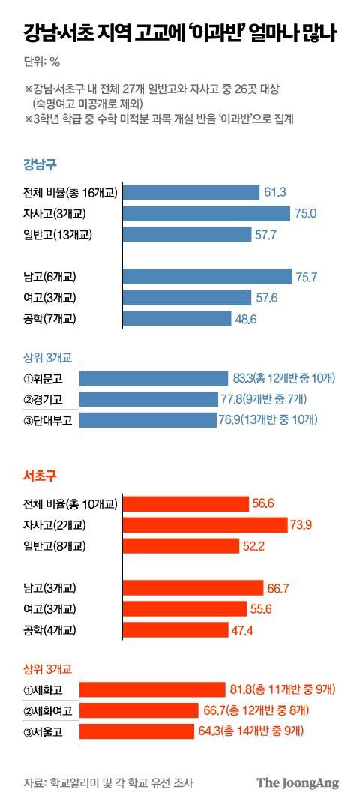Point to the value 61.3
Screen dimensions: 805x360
point(275,193)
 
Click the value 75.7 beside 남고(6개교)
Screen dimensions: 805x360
point(307,277)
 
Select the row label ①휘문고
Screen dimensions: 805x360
point(47,377)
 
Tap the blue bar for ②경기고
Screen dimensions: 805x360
point(154,398)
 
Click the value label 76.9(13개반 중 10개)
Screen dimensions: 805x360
point(273,419)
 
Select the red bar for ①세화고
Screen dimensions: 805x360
point(152,689)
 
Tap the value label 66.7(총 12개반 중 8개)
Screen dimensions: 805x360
point(272,710)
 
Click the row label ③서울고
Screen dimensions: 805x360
point(47,731)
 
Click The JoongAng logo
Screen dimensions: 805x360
point(298,782)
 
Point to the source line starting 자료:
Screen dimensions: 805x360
point(108,783)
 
